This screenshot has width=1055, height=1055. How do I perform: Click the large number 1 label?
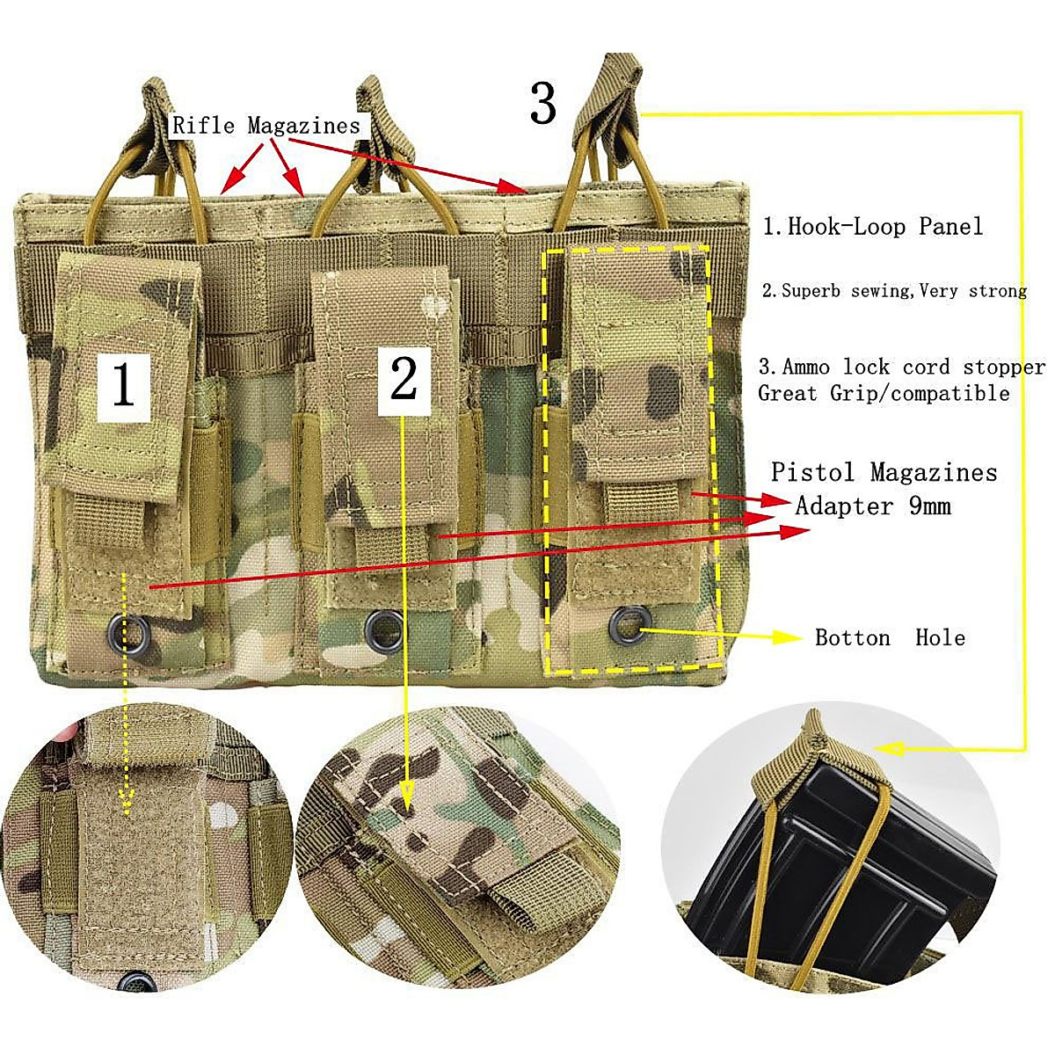tap(123, 384)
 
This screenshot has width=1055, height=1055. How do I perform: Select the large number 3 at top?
tap(542, 104)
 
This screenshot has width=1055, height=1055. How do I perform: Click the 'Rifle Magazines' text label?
tap(266, 126)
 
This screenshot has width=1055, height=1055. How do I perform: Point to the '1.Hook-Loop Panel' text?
tap(872, 227)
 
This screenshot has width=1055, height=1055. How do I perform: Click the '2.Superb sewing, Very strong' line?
tap(893, 291)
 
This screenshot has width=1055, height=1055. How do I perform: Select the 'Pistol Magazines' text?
tap(884, 473)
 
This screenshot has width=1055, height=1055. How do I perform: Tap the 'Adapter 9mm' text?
tap(873, 506)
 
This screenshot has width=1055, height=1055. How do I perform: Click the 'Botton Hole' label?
tap(890, 637)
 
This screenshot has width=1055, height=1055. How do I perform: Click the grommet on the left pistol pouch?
tap(122, 628)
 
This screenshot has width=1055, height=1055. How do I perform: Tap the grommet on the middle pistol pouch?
tap(383, 625)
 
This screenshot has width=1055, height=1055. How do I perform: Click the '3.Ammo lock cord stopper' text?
tap(902, 367)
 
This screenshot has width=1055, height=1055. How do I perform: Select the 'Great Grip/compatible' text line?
tap(884, 393)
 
